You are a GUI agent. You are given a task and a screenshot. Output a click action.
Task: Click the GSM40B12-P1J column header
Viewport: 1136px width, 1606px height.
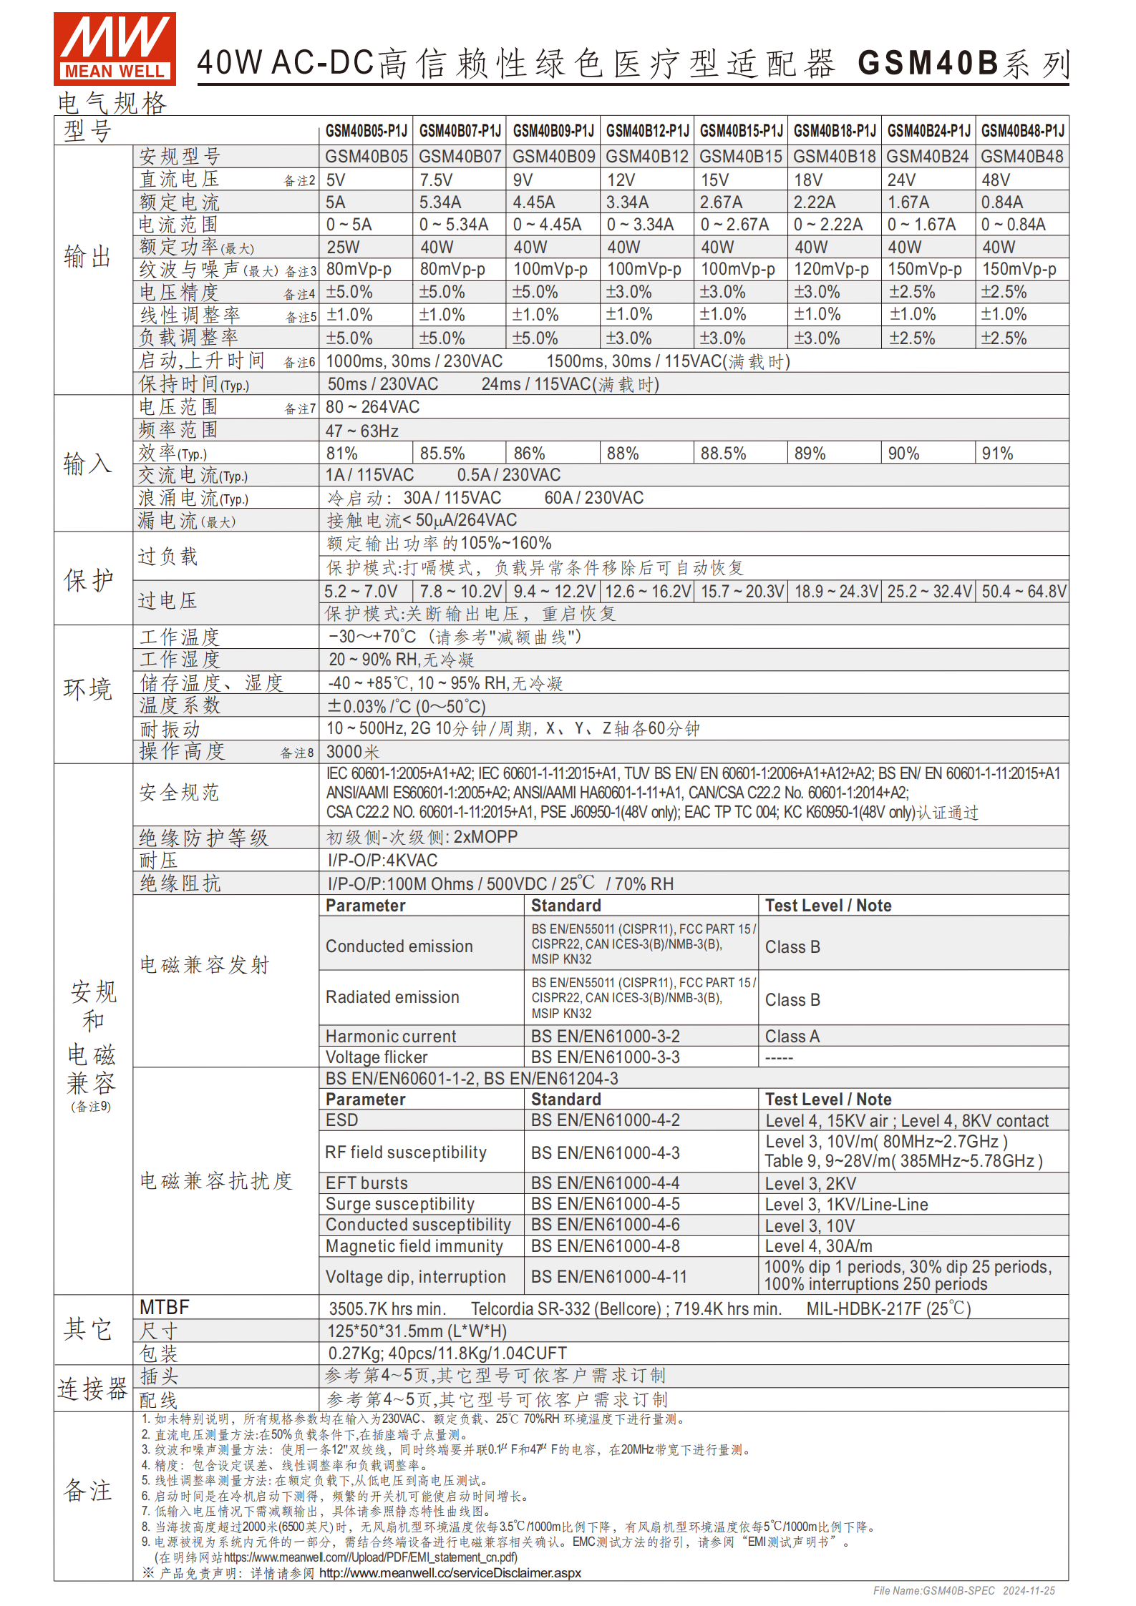647,131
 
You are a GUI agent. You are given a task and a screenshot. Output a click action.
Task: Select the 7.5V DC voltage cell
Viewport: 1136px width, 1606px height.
436,180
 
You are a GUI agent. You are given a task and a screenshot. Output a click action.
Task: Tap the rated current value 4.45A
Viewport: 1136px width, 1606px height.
533,203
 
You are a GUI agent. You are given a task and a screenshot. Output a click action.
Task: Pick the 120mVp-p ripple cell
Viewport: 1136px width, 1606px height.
831,270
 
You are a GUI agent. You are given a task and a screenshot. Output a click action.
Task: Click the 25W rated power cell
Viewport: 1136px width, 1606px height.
344,248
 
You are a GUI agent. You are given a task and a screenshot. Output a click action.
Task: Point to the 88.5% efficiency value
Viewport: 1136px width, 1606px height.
723,454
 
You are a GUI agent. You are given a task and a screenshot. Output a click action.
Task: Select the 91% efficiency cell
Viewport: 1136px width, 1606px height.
997,454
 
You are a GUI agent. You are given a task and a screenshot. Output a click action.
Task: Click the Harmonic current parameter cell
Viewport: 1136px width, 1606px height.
391,1037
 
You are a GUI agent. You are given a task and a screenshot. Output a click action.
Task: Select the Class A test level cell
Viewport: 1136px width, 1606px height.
792,1037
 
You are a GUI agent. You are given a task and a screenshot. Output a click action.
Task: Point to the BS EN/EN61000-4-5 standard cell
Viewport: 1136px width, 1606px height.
605,1205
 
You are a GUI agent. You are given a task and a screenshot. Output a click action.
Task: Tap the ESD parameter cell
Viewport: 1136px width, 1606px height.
342,1120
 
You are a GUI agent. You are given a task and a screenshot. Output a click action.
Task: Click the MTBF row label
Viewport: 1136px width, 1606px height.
165,1308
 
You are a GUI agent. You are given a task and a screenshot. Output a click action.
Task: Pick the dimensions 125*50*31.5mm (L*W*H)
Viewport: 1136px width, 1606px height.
417,1331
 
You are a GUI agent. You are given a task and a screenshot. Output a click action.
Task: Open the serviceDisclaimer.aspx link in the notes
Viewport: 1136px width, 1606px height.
450,1573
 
